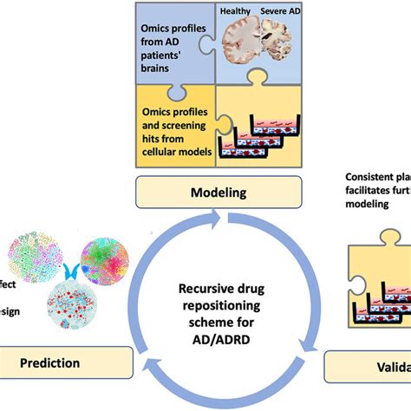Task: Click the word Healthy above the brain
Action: [x=236, y=10]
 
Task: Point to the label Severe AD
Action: [x=282, y=10]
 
